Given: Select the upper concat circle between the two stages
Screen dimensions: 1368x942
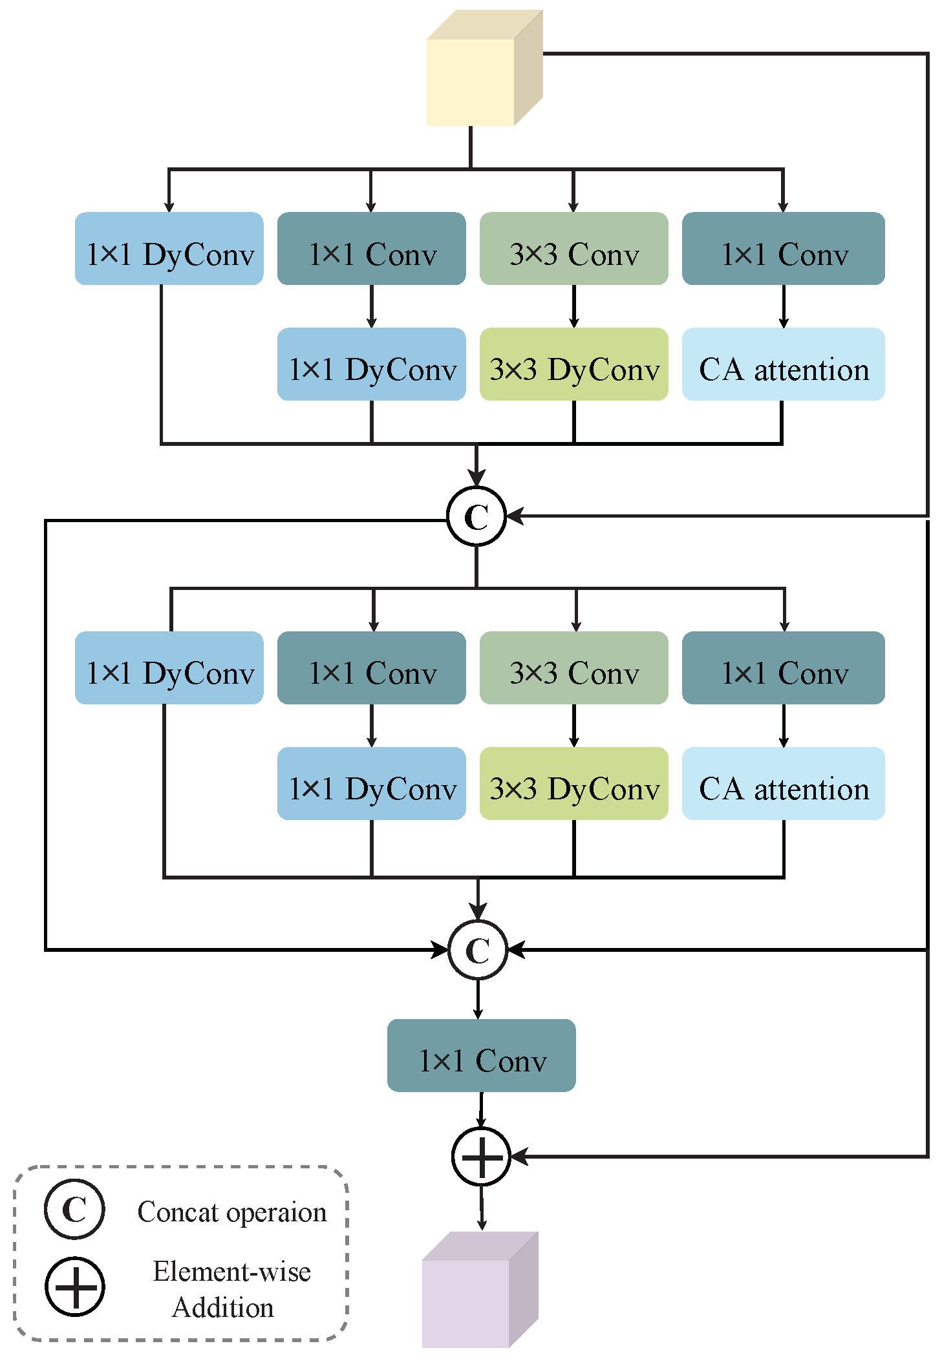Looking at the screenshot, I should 476,516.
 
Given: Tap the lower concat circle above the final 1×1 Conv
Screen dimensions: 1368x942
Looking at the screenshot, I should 478,950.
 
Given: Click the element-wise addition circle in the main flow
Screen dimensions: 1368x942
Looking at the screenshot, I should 481,1156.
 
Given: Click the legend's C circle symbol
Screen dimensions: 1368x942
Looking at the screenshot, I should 74,1209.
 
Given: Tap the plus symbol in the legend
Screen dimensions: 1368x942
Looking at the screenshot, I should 75,1286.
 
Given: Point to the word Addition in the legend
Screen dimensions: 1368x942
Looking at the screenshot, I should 223,1307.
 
